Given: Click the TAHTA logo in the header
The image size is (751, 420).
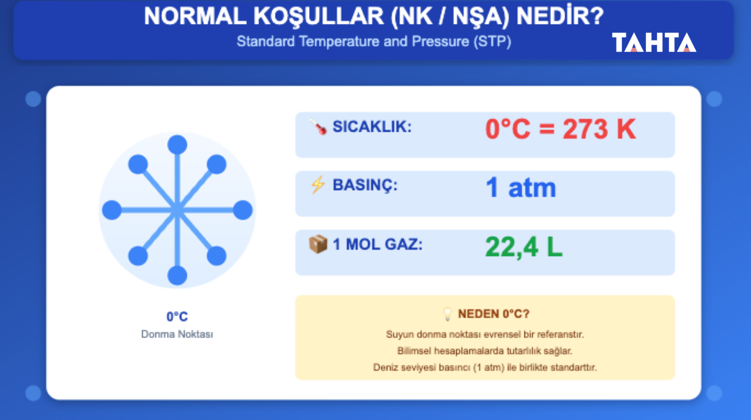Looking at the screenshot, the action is click(654, 43).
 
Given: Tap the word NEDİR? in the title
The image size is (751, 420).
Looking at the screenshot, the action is click(559, 16).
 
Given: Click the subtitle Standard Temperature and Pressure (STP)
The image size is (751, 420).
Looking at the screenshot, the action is click(374, 42).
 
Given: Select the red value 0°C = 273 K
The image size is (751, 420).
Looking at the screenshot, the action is click(560, 129).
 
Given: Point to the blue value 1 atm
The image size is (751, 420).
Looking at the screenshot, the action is click(521, 187).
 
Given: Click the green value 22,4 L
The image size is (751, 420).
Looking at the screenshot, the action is click(524, 247).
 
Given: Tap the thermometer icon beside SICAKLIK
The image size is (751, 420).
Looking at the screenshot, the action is click(318, 127).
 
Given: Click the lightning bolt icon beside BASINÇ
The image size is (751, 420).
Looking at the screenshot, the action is click(318, 185).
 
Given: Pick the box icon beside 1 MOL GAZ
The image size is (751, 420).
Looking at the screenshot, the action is click(318, 244).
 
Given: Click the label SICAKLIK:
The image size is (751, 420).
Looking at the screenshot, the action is click(372, 127).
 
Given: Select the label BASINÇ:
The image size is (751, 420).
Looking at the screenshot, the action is click(365, 185).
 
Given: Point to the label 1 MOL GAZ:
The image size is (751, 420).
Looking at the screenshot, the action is click(377, 244).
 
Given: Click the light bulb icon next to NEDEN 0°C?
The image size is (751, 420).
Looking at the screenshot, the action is click(448, 314).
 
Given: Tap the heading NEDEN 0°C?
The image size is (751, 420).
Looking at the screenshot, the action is click(493, 314).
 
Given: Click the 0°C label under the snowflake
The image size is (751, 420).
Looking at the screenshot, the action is click(177, 316).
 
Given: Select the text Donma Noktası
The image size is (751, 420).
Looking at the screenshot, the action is click(177, 334).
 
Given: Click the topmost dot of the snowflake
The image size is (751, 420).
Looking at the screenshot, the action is click(177, 145).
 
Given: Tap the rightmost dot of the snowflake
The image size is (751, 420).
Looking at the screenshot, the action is click(243, 210).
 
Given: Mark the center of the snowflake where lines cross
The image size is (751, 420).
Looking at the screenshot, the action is click(177, 210).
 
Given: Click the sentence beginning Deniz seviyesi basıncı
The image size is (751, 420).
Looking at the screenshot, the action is click(485, 367).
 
